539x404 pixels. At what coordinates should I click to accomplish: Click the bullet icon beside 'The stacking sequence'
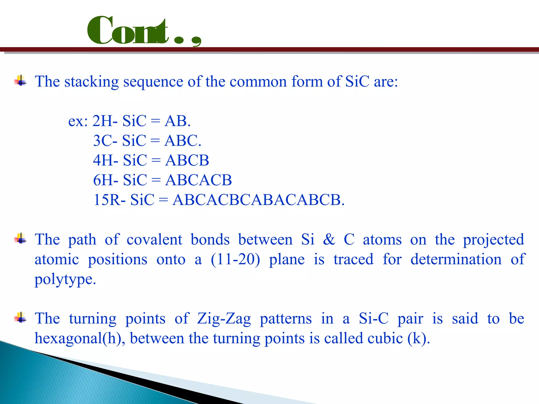(x=21, y=81)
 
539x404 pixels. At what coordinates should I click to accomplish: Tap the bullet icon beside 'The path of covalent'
(x=21, y=239)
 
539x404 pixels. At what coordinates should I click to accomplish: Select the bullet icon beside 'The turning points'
(x=21, y=318)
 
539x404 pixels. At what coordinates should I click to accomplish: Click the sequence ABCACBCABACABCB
(x=258, y=200)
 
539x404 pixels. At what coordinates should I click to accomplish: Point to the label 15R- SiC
(x=124, y=200)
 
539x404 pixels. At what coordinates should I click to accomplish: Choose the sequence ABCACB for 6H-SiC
(x=198, y=180)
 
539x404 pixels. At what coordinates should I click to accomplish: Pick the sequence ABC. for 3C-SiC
(x=183, y=141)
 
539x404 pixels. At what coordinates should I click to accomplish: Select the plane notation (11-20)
(x=236, y=259)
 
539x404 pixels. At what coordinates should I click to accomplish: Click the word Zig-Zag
(x=224, y=319)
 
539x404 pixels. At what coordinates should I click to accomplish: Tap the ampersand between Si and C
(x=329, y=239)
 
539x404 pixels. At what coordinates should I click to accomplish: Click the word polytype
(x=65, y=279)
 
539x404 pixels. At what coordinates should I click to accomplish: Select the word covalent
(x=154, y=239)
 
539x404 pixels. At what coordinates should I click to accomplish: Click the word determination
(x=456, y=259)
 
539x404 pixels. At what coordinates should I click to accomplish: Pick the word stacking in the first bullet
(x=92, y=82)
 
